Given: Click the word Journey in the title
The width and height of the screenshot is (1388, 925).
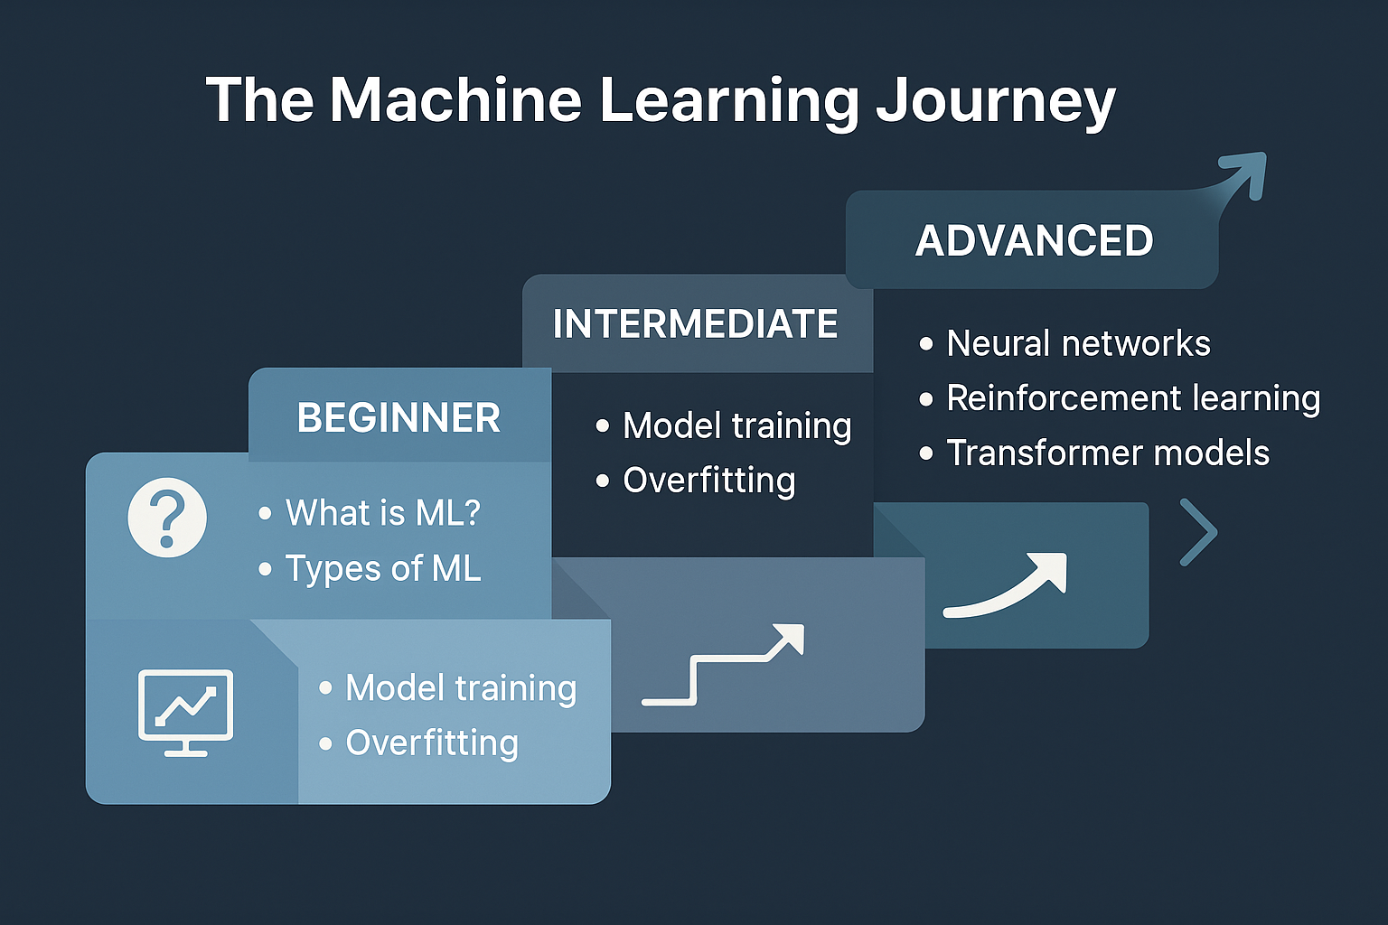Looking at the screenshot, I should coord(996,101).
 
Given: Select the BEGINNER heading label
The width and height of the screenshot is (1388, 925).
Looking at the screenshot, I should coord(399,418).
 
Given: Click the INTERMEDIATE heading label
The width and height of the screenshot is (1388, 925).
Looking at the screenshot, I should coord(695,324).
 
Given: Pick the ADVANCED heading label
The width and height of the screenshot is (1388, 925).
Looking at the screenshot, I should coord(1034,241).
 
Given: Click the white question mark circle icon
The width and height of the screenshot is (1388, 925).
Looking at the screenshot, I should coord(167,518).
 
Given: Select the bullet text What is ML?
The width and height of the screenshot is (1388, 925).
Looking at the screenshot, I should coord(383,513).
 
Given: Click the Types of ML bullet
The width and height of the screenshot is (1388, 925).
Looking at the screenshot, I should coord(383,569).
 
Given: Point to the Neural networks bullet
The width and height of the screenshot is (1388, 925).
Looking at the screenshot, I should coord(1077,344).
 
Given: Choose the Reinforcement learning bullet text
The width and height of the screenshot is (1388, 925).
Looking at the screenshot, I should coord(1133,398).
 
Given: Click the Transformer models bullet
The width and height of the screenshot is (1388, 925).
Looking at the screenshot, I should coord(1107,453).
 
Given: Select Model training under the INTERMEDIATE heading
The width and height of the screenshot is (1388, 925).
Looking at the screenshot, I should coord(736,425).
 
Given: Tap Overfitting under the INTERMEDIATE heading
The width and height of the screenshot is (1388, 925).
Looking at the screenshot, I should coord(708,481).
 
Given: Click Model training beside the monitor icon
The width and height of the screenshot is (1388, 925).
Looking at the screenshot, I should coord(461,688).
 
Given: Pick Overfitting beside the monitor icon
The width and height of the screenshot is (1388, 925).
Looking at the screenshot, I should coord(432,743).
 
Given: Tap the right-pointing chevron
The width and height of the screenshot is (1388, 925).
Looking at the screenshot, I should coord(1200,532).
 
